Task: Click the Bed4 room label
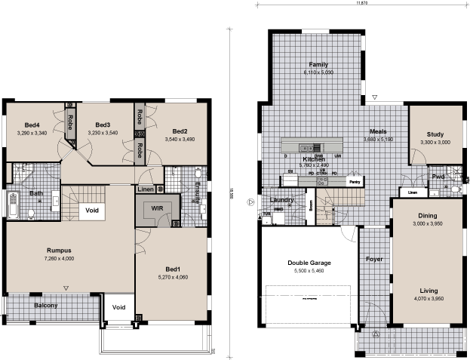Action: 32,125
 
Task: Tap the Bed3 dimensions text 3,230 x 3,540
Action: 103,133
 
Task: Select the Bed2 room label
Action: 179,131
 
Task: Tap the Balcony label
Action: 47,306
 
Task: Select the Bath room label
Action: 36,193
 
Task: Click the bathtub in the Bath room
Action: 13,206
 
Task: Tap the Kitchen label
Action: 314,160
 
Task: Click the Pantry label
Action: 352,182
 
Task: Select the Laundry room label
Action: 281,200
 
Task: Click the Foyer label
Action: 374,259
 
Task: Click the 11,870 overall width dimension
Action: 363,3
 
